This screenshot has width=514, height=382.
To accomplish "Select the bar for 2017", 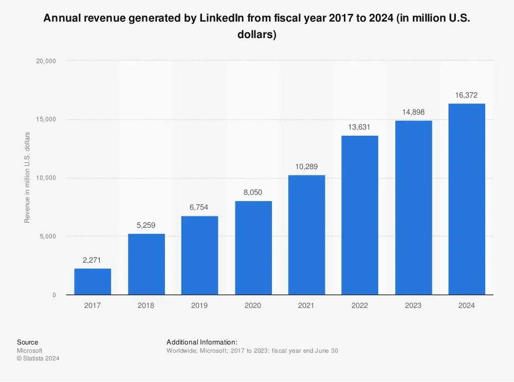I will [x=93, y=281].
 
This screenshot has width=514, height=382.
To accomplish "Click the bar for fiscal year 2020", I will [x=253, y=247].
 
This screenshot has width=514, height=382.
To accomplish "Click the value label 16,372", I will [x=467, y=95].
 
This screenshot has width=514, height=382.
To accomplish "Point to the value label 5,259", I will [x=146, y=225].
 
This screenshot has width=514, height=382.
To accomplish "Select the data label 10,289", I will [x=306, y=167].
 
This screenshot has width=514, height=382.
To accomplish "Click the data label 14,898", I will [x=413, y=112].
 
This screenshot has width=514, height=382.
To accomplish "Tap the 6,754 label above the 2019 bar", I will [x=199, y=208].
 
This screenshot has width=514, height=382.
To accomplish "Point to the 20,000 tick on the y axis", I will [x=47, y=61].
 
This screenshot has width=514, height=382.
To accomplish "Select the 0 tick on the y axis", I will [x=54, y=295].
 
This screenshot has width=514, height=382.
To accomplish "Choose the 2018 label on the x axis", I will [x=146, y=305].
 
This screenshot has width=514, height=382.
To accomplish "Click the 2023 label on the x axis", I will [x=413, y=305].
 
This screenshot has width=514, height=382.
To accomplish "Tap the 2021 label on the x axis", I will [x=306, y=305].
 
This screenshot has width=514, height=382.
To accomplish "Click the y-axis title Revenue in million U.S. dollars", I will [x=27, y=177].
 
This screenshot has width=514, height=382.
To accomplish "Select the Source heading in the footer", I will [x=27, y=342].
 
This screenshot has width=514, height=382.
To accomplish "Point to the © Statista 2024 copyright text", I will [x=38, y=358].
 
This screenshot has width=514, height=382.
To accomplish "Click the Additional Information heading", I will [x=201, y=342].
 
